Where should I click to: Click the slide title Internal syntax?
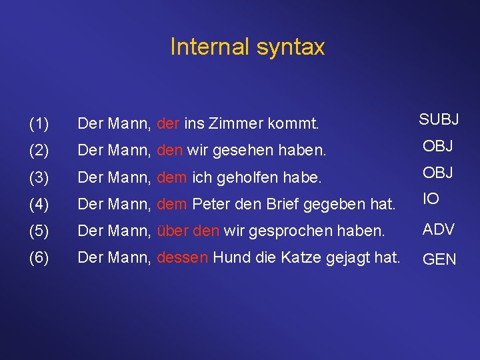pos(247,47)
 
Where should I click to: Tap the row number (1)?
pos(39,123)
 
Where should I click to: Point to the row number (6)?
pos(39,257)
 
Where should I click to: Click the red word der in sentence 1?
pos(169,123)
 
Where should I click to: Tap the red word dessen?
pos(182,257)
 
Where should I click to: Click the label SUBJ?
pos(439,120)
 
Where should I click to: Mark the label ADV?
pos(439,229)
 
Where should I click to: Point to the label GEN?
pos(440,259)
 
